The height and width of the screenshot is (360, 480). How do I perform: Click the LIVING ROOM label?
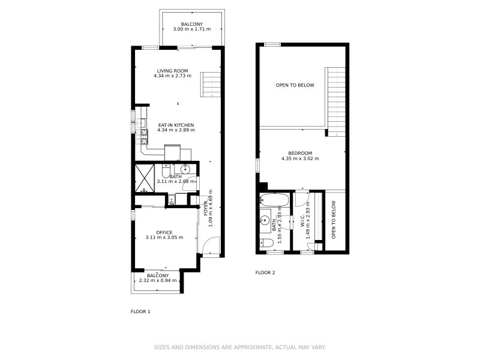[x=173, y=70]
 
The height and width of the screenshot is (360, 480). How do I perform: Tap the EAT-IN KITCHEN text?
[x=176, y=124]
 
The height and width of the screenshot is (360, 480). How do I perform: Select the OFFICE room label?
[x=164, y=232]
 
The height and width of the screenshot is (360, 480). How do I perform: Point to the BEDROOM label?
[x=300, y=153]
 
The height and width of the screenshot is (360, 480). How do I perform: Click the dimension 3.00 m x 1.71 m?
[x=191, y=29]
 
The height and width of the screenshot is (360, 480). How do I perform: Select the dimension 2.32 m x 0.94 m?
[x=157, y=280]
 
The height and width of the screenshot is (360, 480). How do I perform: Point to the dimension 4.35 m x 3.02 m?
[x=300, y=159]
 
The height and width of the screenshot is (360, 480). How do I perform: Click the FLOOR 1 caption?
[x=140, y=311]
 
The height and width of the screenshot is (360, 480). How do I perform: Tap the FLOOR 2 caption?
[x=265, y=272]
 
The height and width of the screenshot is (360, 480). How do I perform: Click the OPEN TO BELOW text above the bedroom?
[x=295, y=85]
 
